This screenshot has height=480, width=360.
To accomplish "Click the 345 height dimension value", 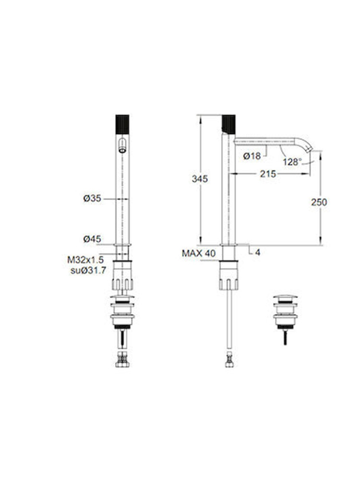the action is tap(200, 179).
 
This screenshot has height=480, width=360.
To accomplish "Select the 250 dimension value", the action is tap(319, 202).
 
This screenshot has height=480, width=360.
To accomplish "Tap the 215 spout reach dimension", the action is tap(268, 174).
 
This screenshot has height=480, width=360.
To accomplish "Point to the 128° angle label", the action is tap(292, 162).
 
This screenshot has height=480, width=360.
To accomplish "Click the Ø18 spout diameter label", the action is tap(252, 156).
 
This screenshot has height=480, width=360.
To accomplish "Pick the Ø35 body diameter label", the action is tap(92, 198).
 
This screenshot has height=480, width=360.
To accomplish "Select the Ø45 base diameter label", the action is tap(92, 239).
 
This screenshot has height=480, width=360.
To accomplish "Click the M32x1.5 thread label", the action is tap(85, 260).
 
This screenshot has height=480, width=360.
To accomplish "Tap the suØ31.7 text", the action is tap(88, 270).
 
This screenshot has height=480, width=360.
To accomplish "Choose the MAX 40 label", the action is tap(199, 253).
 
